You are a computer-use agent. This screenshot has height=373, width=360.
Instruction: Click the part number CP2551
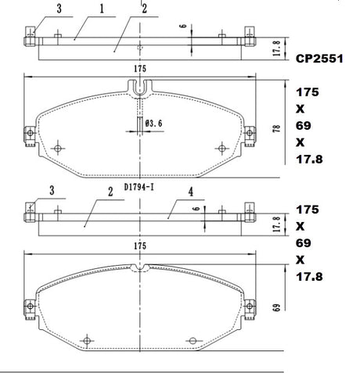click(x=319, y=59)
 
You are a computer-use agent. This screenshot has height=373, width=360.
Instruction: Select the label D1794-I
click(x=139, y=187)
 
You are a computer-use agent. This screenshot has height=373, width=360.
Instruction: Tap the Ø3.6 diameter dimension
click(x=154, y=123)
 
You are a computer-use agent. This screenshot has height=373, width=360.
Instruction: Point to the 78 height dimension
click(x=277, y=129)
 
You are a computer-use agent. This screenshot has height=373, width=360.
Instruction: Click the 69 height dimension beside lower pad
click(x=277, y=307)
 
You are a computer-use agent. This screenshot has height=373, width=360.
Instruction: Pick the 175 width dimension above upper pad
click(x=140, y=69)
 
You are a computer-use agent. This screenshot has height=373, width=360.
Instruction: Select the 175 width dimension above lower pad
click(x=140, y=246)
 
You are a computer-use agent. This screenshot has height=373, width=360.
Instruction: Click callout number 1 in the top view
click(x=102, y=9)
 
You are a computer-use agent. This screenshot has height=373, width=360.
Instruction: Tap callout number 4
click(x=191, y=192)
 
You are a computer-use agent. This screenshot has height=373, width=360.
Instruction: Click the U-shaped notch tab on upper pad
click(x=140, y=88)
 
